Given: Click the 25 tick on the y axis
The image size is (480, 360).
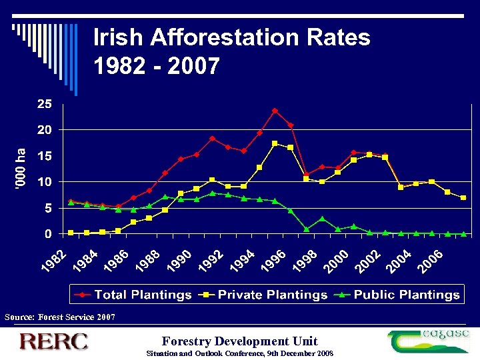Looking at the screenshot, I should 43,104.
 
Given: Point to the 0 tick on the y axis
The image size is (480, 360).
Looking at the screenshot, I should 47,234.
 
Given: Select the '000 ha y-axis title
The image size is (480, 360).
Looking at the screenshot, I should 22,169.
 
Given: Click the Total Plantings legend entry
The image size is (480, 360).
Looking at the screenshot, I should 133,294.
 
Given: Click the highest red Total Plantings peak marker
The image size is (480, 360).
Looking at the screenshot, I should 275,111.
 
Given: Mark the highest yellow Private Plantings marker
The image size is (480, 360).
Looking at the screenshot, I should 275,143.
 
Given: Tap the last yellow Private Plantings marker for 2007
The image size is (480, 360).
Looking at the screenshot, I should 463,198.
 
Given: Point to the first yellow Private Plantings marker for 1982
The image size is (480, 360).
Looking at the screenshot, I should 71,233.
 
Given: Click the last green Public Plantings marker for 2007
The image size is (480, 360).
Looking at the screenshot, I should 463,234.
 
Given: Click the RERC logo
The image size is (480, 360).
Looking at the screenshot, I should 53,342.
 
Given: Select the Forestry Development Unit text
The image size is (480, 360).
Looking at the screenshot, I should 239,340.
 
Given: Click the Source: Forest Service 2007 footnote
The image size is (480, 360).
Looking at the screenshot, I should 59,317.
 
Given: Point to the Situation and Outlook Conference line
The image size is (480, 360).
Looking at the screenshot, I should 239,353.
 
